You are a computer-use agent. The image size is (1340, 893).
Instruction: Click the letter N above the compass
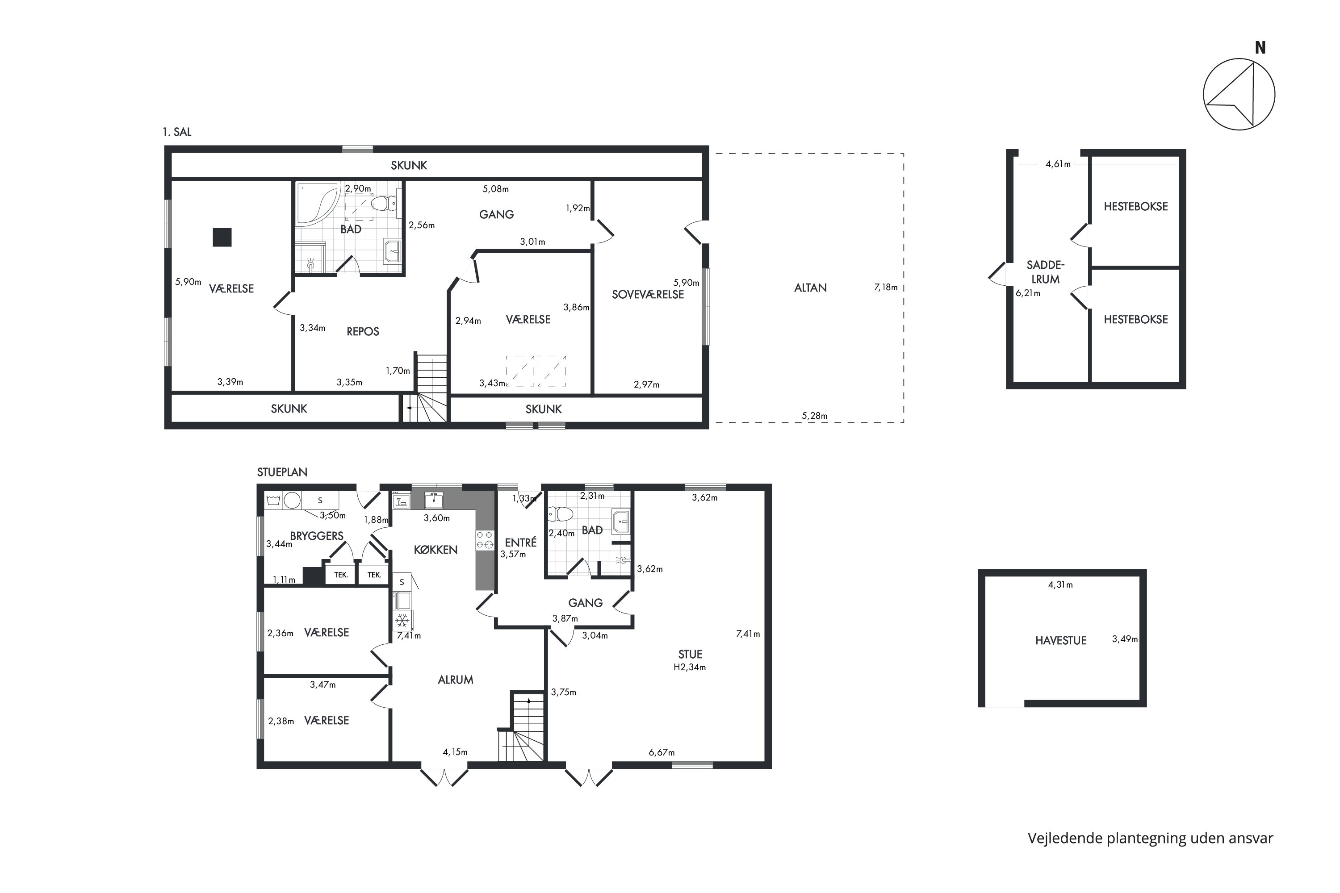[1260, 48]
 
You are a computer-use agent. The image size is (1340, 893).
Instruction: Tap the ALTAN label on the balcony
[810, 288]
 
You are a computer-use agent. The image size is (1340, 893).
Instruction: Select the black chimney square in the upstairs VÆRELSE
[222, 237]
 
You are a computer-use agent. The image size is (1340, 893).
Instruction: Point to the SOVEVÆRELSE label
[648, 294]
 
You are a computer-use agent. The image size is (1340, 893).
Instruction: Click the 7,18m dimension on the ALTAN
[886, 288]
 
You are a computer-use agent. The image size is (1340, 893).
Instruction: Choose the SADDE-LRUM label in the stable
[1046, 272]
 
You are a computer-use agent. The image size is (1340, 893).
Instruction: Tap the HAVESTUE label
[1061, 640]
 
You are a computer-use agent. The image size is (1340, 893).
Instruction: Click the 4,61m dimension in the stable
[1058, 164]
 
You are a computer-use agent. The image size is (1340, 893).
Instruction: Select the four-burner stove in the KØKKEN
[485, 539]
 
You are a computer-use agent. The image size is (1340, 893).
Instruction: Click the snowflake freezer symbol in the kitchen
[403, 620]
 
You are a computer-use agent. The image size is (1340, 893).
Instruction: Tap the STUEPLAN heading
[282, 472]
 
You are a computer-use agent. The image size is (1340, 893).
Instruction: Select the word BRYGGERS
[317, 536]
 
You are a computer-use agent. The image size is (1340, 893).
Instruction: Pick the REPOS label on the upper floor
[363, 331]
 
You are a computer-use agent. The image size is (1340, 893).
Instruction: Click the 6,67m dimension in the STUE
[662, 752]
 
